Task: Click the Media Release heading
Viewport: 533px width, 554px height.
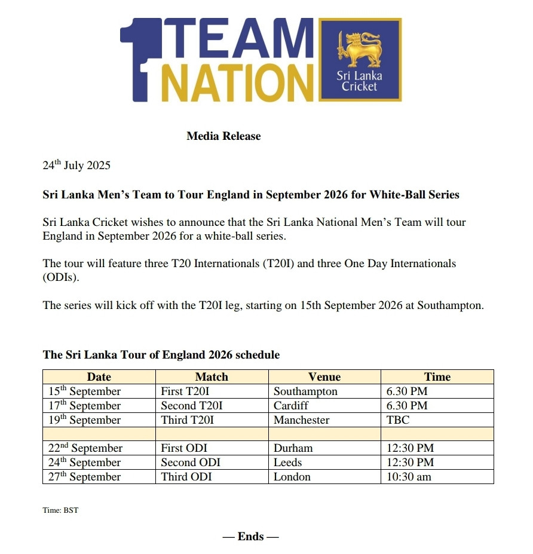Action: [223, 136]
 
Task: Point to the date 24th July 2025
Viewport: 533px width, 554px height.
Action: [76, 166]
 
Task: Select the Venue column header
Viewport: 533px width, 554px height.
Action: [324, 377]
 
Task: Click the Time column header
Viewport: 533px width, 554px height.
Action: [437, 377]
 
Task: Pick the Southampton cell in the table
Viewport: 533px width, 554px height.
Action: [305, 391]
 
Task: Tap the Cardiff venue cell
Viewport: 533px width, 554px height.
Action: [291, 406]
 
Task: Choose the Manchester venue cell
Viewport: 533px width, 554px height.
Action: [301, 420]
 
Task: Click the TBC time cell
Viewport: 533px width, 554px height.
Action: [398, 420]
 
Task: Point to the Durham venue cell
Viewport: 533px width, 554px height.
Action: [293, 448]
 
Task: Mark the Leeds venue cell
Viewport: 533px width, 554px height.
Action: [288, 463]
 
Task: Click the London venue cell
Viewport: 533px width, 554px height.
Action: [292, 477]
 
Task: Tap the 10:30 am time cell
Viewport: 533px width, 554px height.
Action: [409, 477]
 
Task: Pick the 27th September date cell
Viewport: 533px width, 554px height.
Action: [84, 477]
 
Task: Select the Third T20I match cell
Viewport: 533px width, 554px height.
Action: [187, 420]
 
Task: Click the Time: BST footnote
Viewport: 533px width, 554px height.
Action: [60, 511]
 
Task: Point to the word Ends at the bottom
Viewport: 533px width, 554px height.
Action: [250, 537]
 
